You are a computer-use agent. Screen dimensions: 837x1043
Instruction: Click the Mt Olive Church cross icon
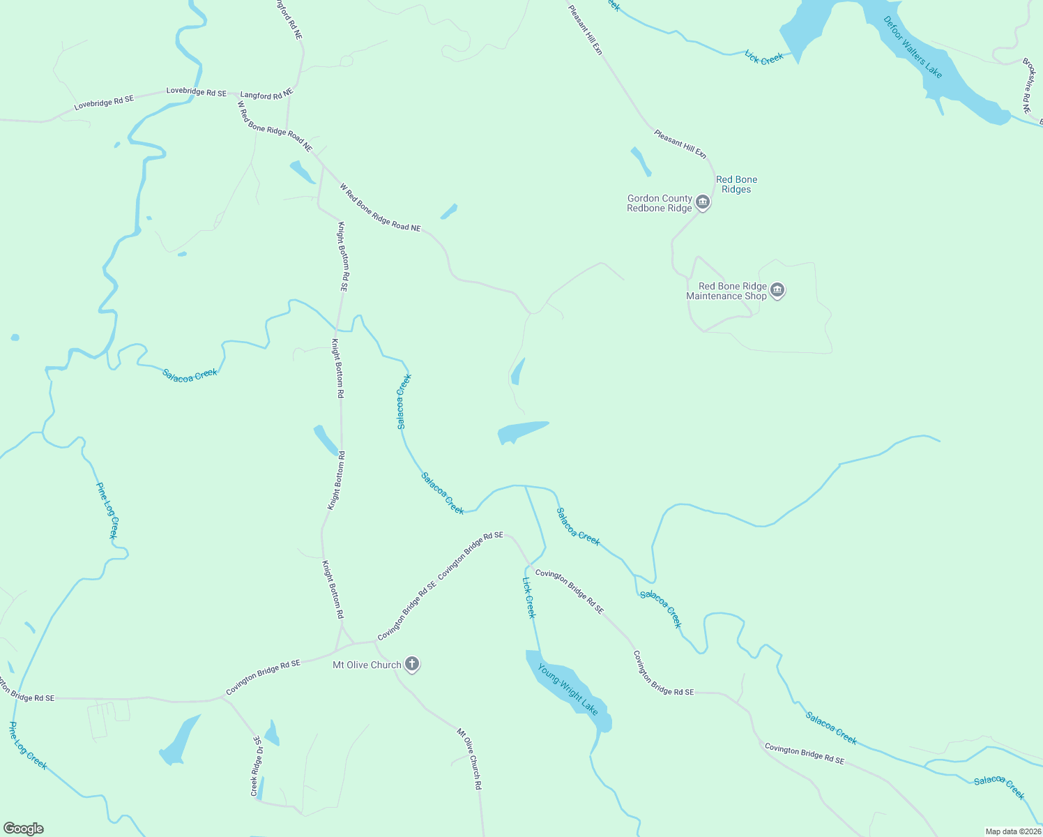[x=412, y=664]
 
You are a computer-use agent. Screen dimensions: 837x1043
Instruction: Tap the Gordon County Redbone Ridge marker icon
[x=703, y=204]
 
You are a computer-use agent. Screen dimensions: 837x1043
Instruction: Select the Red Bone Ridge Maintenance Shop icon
[x=777, y=291]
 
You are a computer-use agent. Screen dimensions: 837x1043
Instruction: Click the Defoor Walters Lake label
[x=913, y=47]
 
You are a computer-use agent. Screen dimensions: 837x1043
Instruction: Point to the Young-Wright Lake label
[x=568, y=689]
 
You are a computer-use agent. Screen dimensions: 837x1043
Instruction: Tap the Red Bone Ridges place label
[x=736, y=184]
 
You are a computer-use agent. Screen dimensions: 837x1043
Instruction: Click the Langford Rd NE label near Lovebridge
[x=267, y=93]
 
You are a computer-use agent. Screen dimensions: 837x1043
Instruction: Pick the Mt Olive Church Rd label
[x=469, y=759]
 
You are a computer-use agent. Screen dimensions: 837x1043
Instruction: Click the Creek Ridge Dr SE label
[x=257, y=766]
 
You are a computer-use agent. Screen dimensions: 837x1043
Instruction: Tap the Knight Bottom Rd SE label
[x=343, y=256]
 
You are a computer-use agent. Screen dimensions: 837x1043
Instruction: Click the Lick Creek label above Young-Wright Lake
[x=529, y=597]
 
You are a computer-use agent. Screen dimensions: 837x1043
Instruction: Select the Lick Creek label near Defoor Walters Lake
[x=764, y=58]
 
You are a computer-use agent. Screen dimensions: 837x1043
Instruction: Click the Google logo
[x=23, y=829]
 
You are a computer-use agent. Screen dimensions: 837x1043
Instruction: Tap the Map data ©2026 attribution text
[x=1012, y=831]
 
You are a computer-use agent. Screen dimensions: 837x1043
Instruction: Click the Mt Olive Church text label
[x=367, y=665]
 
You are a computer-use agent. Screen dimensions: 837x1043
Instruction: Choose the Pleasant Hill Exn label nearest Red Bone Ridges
[x=680, y=144]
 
